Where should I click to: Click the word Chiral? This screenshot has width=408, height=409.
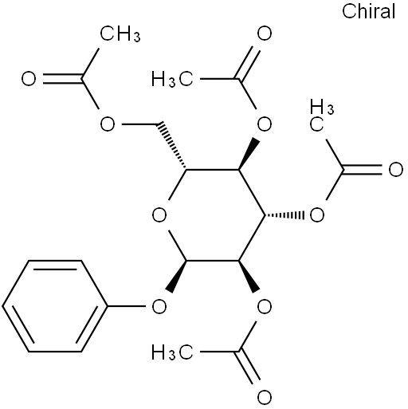coord(368,12)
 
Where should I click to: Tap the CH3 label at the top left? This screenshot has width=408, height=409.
coord(120,34)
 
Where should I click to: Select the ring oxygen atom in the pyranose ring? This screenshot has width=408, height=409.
coord(159,214)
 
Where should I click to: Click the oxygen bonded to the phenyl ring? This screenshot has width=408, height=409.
coord(159,306)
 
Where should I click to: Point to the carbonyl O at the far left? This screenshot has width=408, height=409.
coord(29,79)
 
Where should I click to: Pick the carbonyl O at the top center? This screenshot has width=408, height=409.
coord(265,33)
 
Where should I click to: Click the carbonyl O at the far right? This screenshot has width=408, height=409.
coord(396,170)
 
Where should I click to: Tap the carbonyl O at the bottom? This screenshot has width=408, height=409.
coord(265,398)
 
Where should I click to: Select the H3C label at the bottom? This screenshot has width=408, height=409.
coord(172,352)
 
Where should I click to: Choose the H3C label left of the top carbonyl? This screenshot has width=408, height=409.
coord(172,79)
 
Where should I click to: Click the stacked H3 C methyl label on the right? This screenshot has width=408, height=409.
coord(322,116)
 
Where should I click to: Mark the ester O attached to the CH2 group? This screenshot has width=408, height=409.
coord(108,124)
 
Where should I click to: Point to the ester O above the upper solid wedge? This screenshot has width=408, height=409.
coord(265,124)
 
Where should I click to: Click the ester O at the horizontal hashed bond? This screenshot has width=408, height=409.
coord(317,214)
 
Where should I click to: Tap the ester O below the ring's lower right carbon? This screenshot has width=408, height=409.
coord(265,306)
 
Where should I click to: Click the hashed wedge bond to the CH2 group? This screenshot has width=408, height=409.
coord(173,146)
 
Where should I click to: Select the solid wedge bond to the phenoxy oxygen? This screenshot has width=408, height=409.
coord(178,277)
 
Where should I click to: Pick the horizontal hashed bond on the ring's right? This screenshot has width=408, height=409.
coord(284,214)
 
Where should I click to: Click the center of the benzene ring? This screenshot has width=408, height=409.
coord(55,306)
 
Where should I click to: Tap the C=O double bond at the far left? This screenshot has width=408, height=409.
coord(62,79)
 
